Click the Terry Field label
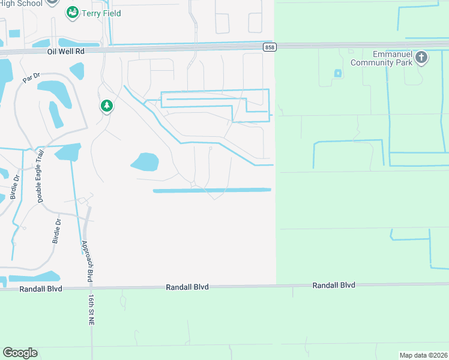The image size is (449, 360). pyautogui.click(x=102, y=13)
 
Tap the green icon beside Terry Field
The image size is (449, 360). pyautogui.click(x=73, y=12)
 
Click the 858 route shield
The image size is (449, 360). pyautogui.click(x=268, y=46)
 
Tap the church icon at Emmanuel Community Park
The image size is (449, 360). pyautogui.click(x=421, y=58)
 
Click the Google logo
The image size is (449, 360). pyautogui.click(x=20, y=353)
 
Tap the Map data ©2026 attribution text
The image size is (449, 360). pyautogui.click(x=423, y=355)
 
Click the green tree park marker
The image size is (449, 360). pyautogui.click(x=107, y=106)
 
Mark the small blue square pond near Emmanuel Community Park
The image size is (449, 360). pyautogui.click(x=337, y=73)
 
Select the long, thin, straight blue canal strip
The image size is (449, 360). pyautogui.click(x=212, y=190)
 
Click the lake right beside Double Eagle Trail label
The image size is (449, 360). pyautogui.click(x=68, y=152)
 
